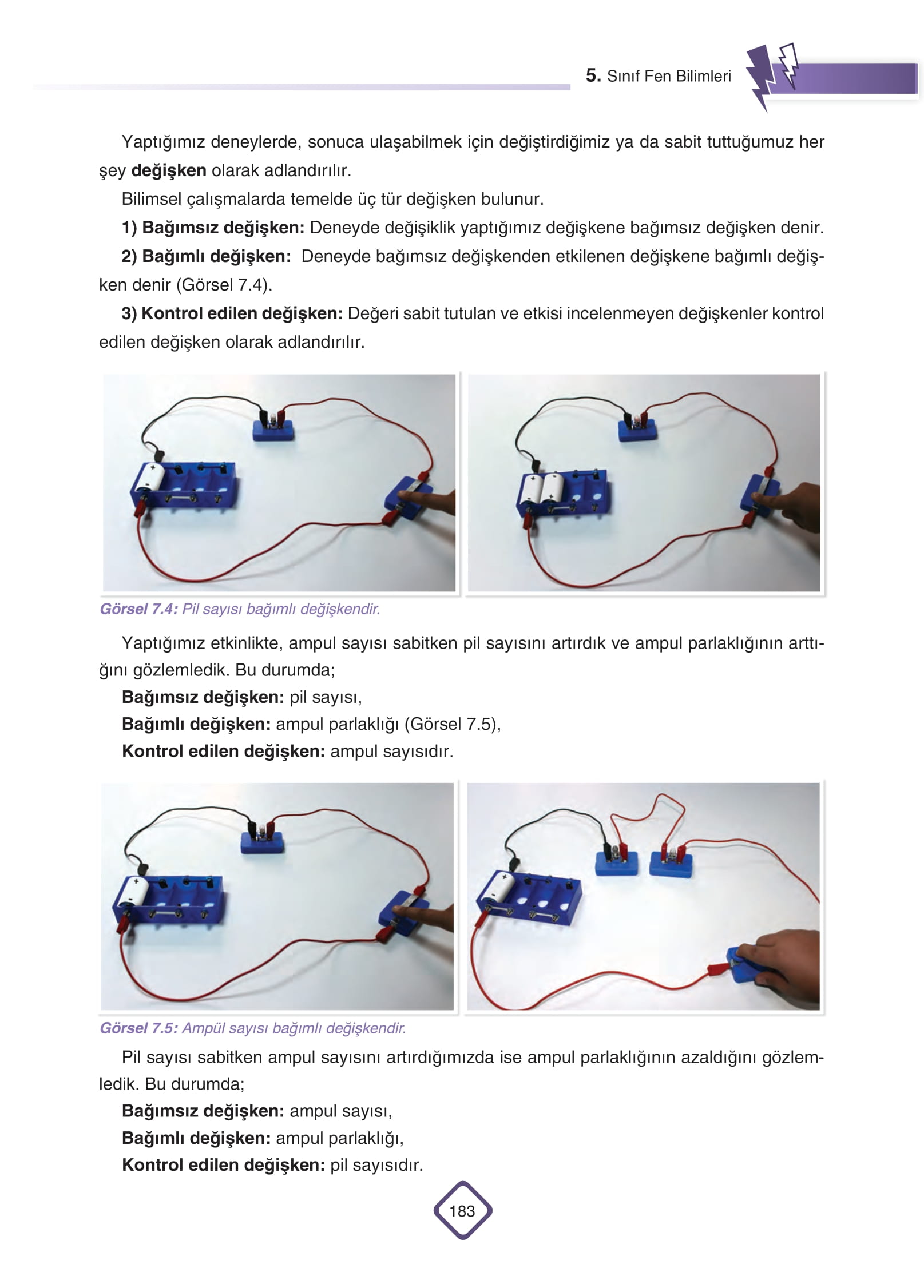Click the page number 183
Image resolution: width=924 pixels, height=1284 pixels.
coord(462,1211)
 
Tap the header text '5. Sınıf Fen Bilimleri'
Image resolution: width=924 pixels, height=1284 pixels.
coord(658,76)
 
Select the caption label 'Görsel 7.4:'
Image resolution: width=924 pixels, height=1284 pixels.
coord(139,609)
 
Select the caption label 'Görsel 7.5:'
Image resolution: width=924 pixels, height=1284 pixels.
coord(139,1028)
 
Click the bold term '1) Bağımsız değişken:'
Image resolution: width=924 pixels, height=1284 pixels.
coord(213,228)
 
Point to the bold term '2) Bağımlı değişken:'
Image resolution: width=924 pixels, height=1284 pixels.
coord(206,256)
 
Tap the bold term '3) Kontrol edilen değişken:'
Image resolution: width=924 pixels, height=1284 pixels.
coord(232,313)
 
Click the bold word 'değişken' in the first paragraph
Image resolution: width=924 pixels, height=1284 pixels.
coord(169,170)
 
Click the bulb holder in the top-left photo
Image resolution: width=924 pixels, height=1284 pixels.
coord(273,427)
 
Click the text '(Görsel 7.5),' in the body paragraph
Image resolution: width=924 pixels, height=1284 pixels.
coord(453,725)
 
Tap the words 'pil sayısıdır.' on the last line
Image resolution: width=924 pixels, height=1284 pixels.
coord(376,1165)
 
